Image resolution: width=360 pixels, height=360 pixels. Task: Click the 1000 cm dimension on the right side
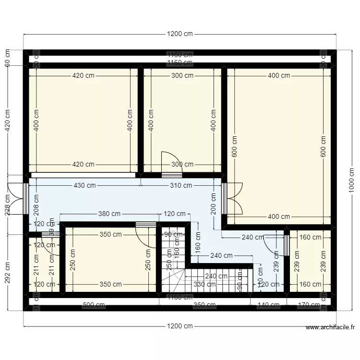352,180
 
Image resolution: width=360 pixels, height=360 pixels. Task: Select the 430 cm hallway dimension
84,185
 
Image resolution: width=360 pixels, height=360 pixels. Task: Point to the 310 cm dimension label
180,185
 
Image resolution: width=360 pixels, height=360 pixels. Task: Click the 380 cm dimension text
109,214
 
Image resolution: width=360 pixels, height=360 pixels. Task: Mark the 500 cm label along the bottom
94,305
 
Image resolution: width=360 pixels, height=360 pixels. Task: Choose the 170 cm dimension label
310,305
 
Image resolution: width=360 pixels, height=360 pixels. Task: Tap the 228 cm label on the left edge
8,204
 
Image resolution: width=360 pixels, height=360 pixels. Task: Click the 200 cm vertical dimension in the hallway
214,203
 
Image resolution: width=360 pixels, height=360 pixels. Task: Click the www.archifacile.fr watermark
330,328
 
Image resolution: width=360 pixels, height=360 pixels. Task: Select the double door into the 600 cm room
231,198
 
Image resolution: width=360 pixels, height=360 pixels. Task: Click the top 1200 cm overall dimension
180,34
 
